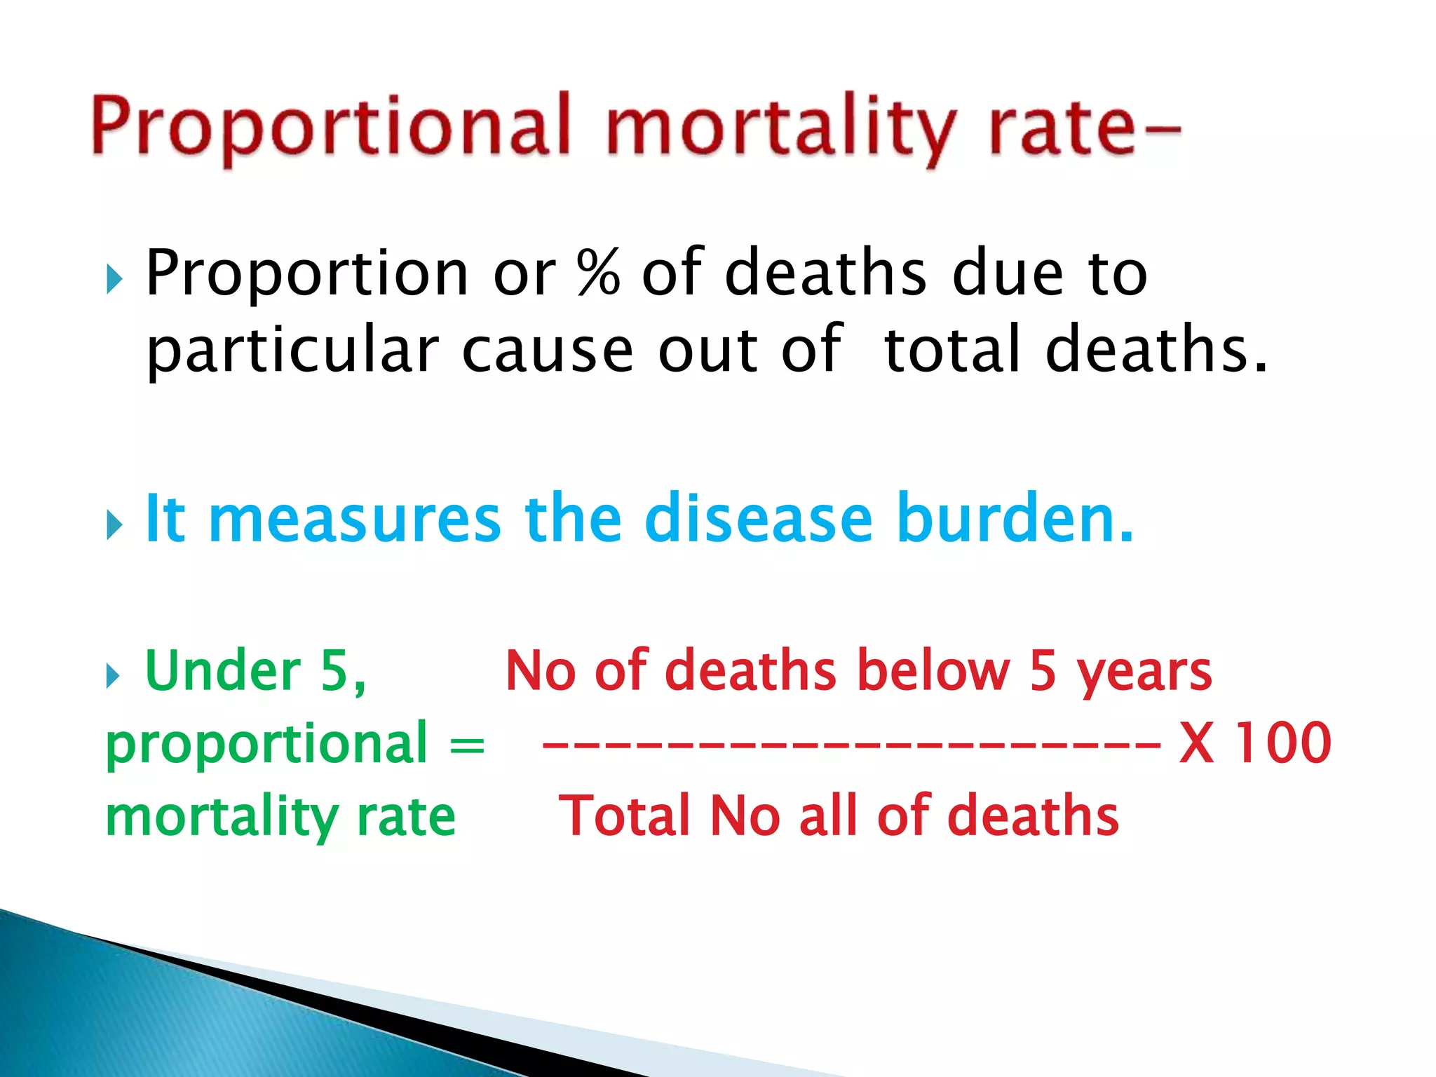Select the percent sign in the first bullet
pos(598,273)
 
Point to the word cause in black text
pos(547,351)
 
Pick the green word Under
pos(222,671)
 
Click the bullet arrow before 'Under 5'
pos(113,676)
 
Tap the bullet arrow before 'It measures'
pos(114,524)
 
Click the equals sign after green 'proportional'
pos(466,745)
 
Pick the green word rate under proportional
pos(406,818)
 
